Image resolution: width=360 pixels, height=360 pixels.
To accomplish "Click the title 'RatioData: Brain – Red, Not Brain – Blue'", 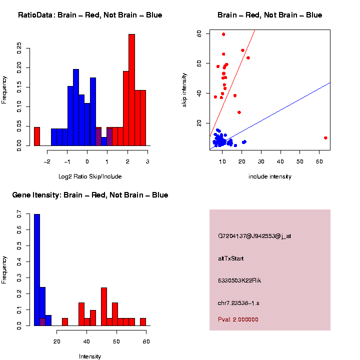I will click(90, 15).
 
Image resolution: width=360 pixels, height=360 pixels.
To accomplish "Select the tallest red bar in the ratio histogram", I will click(131, 90).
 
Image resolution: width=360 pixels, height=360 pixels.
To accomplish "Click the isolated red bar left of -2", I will click(37, 136).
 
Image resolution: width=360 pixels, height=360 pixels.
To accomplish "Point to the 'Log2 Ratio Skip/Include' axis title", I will click(90, 176).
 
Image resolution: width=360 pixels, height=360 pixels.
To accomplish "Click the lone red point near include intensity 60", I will click(325, 138).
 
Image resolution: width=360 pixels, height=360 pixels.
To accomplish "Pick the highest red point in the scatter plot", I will click(223, 34).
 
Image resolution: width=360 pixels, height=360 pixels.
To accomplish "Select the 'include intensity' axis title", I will click(270, 176).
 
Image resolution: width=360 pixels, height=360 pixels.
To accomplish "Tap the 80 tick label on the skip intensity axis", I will click(199, 33).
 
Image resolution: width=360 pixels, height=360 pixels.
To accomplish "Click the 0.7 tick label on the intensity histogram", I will click(19, 213).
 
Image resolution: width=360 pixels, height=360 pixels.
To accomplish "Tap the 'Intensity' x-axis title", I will click(90, 356).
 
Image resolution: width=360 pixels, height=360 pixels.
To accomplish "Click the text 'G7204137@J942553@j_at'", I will click(254, 235).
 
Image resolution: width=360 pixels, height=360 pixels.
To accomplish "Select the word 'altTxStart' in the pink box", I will click(230, 258).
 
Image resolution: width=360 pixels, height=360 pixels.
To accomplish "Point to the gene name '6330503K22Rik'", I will click(239, 280).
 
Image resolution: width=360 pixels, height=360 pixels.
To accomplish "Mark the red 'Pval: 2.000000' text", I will click(238, 319).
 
